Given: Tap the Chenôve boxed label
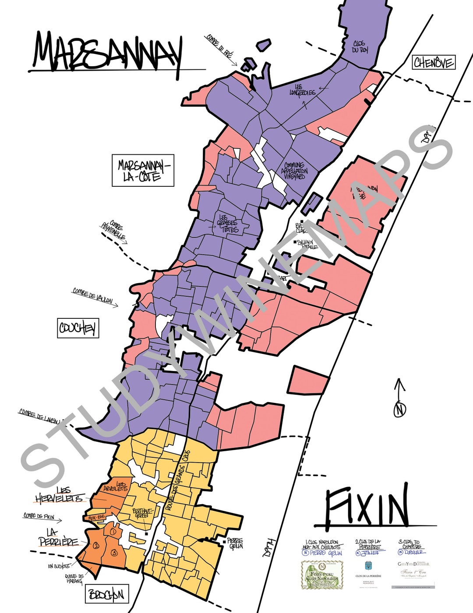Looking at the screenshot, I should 434,63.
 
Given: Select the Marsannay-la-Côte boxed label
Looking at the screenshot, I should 143,171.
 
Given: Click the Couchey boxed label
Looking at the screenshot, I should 78,328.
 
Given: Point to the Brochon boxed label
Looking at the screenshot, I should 107,595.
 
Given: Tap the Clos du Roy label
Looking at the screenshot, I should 361,47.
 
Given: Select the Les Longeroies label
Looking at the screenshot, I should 302,90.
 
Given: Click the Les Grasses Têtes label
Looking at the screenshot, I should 228,224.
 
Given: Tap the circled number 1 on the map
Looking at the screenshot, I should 113,531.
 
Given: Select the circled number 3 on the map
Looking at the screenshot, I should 114,552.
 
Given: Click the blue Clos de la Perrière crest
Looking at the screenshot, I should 368,566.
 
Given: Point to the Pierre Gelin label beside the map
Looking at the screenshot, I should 235,544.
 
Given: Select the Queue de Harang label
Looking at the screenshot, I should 74,579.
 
